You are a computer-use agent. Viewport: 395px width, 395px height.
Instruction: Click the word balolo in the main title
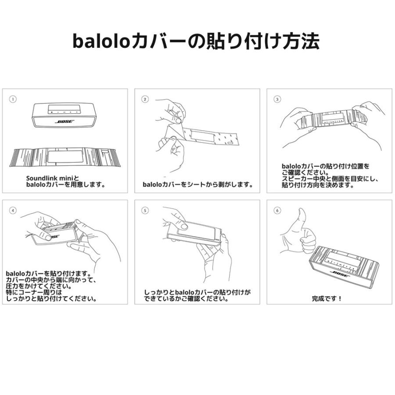point(102,42)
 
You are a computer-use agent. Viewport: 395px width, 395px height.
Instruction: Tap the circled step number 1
point(13,100)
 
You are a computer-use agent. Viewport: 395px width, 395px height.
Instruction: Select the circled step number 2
point(145,100)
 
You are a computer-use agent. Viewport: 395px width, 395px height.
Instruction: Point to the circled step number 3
point(277,100)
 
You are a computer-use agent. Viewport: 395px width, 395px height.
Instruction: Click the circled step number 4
point(13,211)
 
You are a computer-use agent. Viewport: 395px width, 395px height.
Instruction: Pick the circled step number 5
point(145,211)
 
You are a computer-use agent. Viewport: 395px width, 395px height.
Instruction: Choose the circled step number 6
point(277,211)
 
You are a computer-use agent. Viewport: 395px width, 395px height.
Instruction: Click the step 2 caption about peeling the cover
point(198,185)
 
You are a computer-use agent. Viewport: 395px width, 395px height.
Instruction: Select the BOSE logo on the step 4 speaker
point(54,236)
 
